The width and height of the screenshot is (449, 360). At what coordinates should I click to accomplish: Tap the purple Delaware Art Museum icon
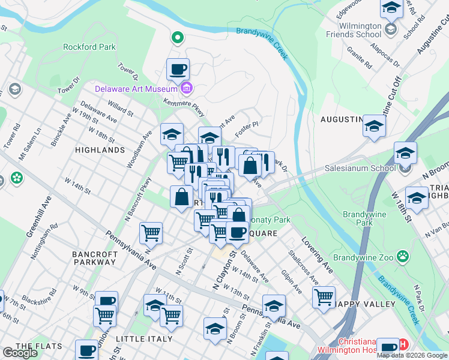click(x=186, y=89)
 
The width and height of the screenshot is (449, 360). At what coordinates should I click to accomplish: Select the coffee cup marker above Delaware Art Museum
click(x=178, y=70)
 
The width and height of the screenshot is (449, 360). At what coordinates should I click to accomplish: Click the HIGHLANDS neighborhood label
click(x=100, y=150)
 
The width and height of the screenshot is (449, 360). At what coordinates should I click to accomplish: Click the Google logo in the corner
click(x=20, y=353)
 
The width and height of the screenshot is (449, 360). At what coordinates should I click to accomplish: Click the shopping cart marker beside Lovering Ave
click(x=324, y=297)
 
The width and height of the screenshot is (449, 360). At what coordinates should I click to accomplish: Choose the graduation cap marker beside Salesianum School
click(x=405, y=153)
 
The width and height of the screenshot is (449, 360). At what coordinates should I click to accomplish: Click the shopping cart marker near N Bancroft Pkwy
click(x=151, y=233)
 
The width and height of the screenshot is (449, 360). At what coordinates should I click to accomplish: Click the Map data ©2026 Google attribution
click(x=412, y=355)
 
